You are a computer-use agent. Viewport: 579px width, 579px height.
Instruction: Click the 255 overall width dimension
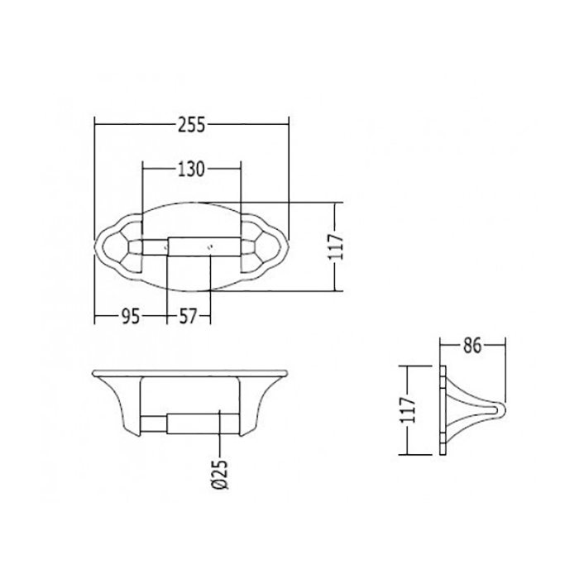click(x=191, y=125)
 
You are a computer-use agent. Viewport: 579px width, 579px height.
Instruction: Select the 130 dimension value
click(x=191, y=170)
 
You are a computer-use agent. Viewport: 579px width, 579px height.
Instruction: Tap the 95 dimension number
click(x=131, y=317)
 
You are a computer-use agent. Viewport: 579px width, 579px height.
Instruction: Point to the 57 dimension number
click(x=188, y=317)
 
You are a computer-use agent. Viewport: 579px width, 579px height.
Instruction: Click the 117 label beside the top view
click(x=336, y=246)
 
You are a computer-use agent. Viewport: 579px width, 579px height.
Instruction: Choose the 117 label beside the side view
click(x=408, y=410)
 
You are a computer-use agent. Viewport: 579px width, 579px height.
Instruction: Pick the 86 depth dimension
click(x=472, y=346)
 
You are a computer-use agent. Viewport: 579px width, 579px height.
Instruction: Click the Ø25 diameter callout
click(x=221, y=474)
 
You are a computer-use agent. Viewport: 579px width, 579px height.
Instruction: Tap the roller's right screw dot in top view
click(x=211, y=246)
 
